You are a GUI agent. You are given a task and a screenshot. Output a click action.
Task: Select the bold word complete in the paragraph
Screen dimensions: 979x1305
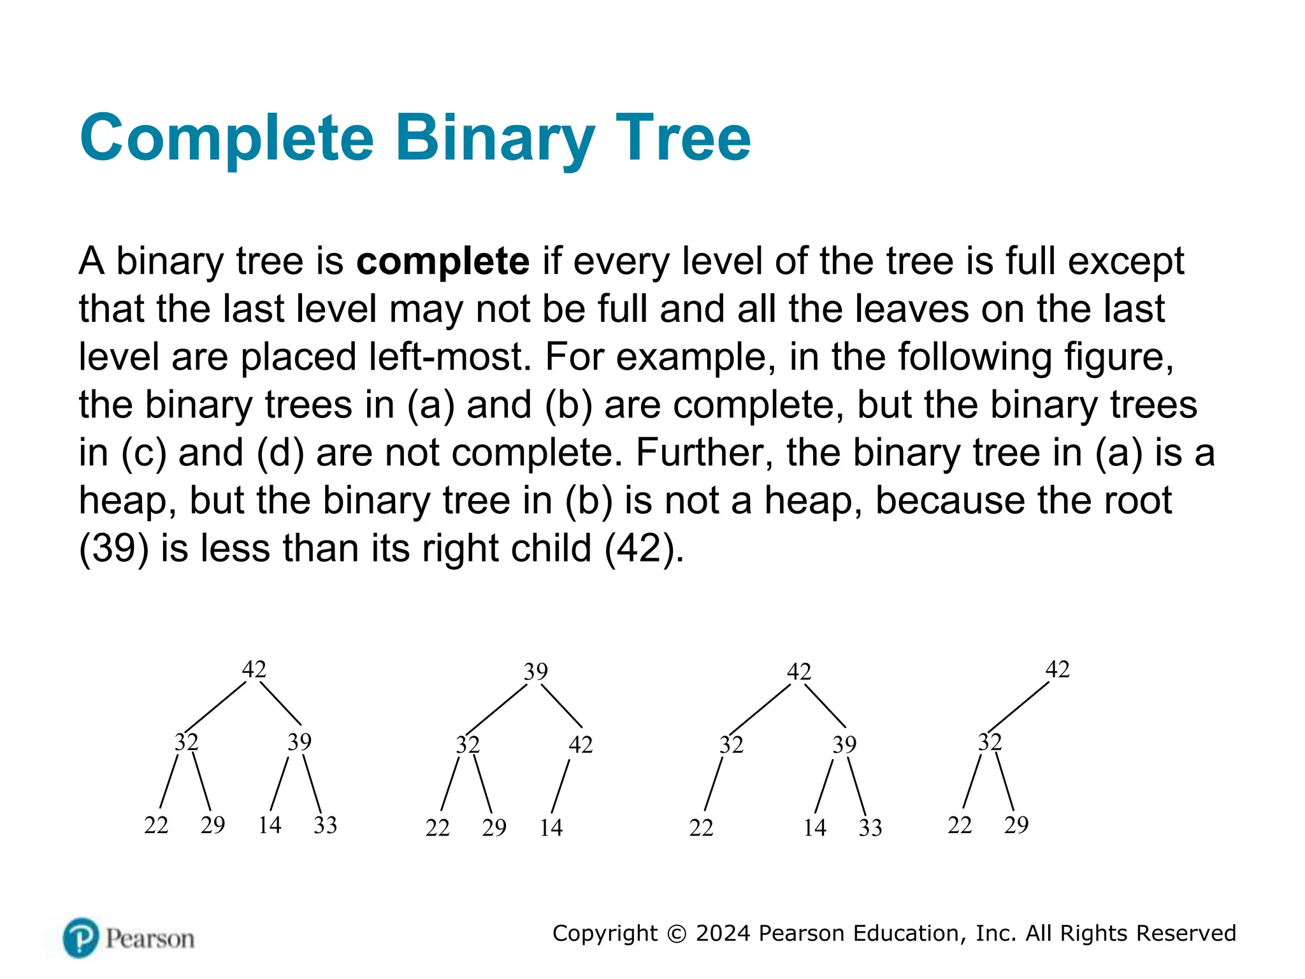tap(443, 261)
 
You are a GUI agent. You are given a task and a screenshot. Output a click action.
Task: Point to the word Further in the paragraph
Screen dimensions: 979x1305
tap(703, 453)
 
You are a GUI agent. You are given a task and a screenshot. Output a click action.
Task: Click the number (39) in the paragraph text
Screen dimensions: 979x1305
tap(114, 548)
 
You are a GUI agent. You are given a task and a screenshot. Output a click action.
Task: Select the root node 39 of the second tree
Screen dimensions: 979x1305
tap(536, 671)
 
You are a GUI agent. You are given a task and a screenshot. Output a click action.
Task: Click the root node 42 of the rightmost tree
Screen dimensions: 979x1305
tap(1058, 669)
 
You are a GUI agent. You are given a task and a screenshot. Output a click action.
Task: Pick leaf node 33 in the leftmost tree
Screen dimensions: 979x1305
tap(325, 825)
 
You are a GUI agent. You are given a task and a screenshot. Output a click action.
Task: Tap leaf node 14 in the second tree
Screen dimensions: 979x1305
tap(551, 827)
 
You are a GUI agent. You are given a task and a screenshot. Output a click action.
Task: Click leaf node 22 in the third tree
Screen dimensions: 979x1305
tap(701, 827)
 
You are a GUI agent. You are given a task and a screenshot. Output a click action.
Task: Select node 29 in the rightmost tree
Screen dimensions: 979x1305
tap(1016, 825)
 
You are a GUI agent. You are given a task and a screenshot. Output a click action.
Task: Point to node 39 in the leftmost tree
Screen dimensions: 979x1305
tap(299, 742)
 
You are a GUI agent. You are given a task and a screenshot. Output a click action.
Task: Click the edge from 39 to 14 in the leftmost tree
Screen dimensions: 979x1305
tap(279, 783)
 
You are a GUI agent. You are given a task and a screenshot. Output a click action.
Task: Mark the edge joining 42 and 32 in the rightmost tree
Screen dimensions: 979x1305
tap(1018, 706)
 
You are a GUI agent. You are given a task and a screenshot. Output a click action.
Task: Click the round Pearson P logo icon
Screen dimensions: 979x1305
tap(81, 938)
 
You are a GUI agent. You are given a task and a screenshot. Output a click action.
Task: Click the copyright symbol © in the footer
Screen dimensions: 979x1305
tap(676, 934)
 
